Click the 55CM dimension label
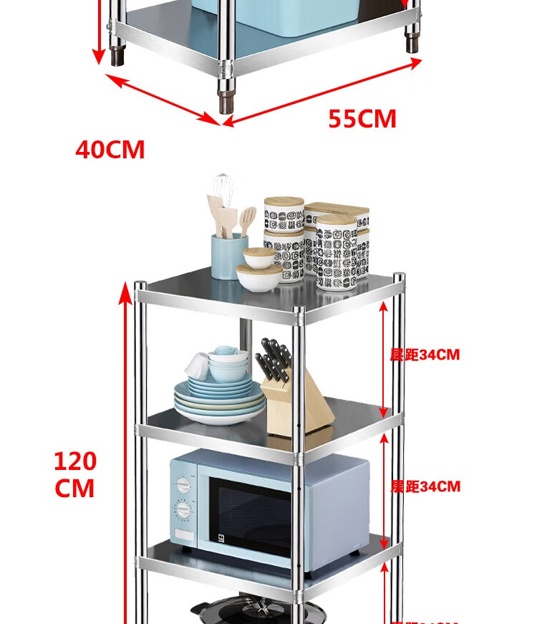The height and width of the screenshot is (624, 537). [x=362, y=119]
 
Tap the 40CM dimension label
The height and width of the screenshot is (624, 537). [x=110, y=150]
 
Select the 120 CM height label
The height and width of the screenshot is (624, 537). [x=75, y=474]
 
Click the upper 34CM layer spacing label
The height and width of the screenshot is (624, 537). [x=425, y=355]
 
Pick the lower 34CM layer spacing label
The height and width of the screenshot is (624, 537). [x=425, y=487]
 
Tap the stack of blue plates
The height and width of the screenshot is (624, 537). [x=219, y=401]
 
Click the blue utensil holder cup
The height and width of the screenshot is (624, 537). [x=228, y=255]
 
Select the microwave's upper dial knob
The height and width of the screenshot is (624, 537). [x=184, y=485]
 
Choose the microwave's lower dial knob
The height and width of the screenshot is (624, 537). [x=184, y=511]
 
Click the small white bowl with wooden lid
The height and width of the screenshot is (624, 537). [x=256, y=276]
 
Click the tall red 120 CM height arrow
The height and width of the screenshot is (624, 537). [x=130, y=459]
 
